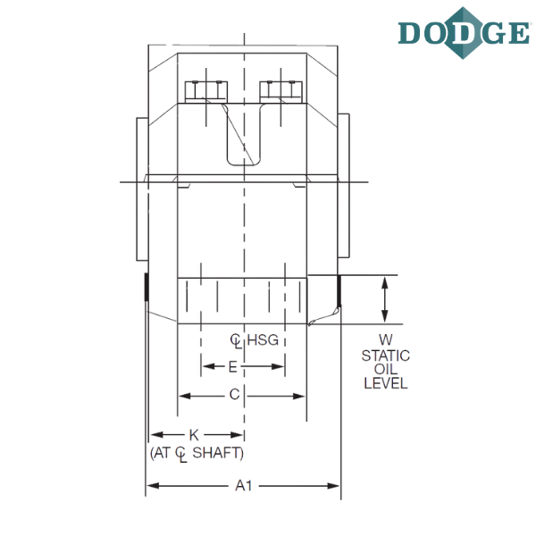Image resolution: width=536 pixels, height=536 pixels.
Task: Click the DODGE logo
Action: click(x=464, y=33)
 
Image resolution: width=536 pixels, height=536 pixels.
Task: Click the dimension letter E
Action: click(x=233, y=367)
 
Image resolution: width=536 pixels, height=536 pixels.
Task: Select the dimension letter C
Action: click(x=234, y=395)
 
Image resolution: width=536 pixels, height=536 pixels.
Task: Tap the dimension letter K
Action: click(x=194, y=435)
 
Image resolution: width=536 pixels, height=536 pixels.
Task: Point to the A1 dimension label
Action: click(x=244, y=485)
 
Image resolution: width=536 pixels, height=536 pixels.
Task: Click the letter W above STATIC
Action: click(x=386, y=339)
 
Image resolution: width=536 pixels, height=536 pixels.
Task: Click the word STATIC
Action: click(x=386, y=356)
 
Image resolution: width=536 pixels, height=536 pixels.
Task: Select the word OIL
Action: click(x=386, y=369)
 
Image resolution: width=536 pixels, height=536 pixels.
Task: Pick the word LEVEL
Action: click(x=386, y=383)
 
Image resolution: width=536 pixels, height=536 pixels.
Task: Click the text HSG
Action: click(x=263, y=340)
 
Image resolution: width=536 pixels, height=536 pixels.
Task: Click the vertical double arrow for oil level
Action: click(x=385, y=299)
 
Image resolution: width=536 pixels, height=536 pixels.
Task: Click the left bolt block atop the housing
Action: click(x=206, y=92)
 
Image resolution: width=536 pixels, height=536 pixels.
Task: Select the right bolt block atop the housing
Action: click(x=281, y=92)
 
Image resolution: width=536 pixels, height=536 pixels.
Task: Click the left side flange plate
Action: click(x=142, y=189)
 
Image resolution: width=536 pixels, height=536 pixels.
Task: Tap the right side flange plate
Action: click(x=344, y=186)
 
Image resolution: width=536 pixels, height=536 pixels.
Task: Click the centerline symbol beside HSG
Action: click(x=236, y=341)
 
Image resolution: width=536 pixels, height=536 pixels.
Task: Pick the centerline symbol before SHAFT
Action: click(x=181, y=455)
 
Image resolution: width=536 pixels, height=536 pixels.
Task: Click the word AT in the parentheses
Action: click(x=162, y=453)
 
